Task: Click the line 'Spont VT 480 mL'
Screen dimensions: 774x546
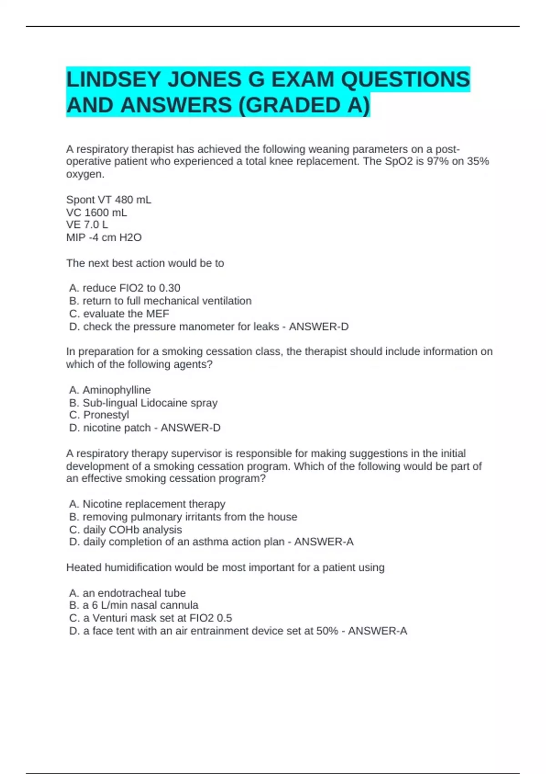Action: pos(109,200)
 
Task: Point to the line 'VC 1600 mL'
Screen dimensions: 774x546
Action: pos(96,213)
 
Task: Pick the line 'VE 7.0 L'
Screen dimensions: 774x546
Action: pos(87,225)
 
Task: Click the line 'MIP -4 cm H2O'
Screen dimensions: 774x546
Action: pos(104,238)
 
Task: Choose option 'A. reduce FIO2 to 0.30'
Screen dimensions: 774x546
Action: pos(125,288)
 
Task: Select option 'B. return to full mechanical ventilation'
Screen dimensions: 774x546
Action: pos(160,301)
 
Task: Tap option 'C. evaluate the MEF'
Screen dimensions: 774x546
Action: pos(119,314)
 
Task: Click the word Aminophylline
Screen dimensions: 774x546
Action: pos(116,390)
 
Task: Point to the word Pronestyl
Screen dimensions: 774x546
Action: pos(106,415)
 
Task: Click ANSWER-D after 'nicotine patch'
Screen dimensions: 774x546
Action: pos(191,428)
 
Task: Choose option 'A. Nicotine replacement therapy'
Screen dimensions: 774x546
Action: pos(147,504)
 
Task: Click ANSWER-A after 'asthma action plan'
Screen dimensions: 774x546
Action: pos(324,542)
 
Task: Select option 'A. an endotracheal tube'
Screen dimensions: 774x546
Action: pos(127,593)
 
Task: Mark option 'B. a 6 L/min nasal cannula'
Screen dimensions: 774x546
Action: pos(134,606)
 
